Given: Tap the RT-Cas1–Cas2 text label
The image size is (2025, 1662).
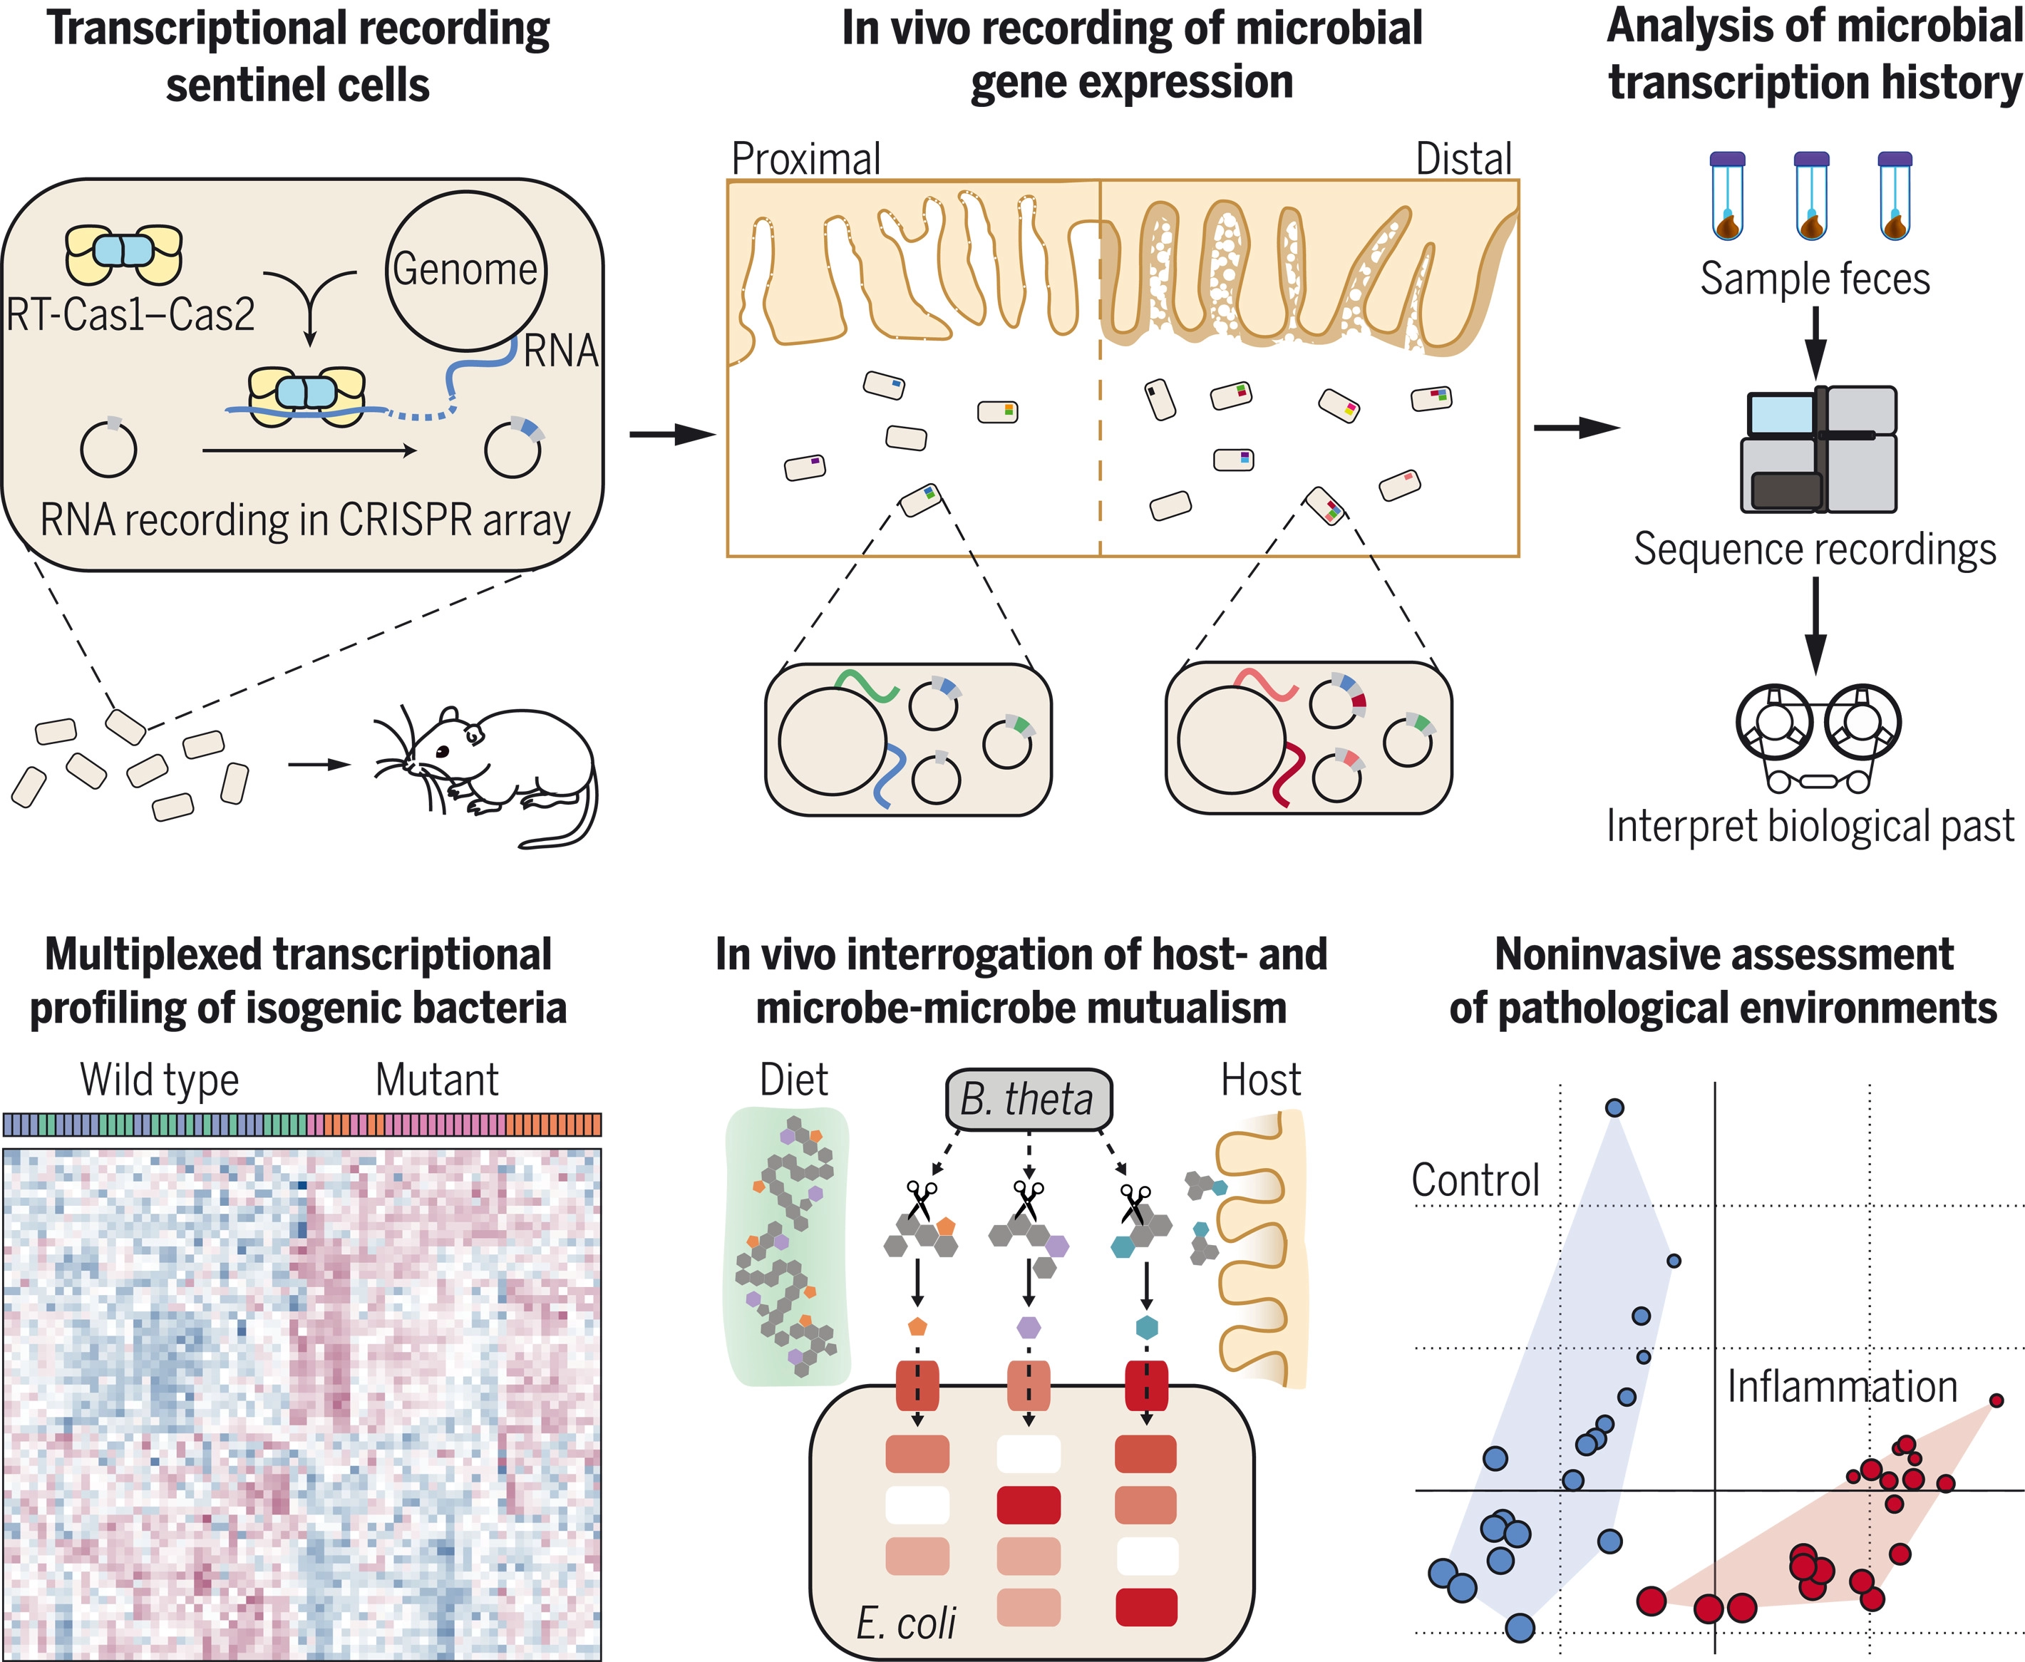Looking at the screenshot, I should [131, 314].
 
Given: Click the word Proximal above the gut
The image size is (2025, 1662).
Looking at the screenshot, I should [805, 159].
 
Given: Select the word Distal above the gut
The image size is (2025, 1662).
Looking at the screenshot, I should [1463, 159].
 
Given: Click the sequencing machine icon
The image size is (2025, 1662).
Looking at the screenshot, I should [1818, 449].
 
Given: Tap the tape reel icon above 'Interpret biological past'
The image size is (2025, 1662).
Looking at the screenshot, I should [1818, 737].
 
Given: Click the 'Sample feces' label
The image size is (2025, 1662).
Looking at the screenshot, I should [1814, 279].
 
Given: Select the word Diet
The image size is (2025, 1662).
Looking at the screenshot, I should [794, 1080].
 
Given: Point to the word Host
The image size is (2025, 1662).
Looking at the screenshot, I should [1261, 1080].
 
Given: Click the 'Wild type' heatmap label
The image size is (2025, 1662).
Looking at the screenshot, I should [160, 1080].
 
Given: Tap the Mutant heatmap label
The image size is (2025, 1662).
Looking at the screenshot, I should [437, 1080].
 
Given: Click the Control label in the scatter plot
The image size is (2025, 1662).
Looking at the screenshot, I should [1475, 1180].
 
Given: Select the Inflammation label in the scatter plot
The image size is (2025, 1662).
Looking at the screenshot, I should [1842, 1386].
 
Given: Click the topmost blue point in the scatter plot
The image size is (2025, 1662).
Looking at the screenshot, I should [1614, 1108].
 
